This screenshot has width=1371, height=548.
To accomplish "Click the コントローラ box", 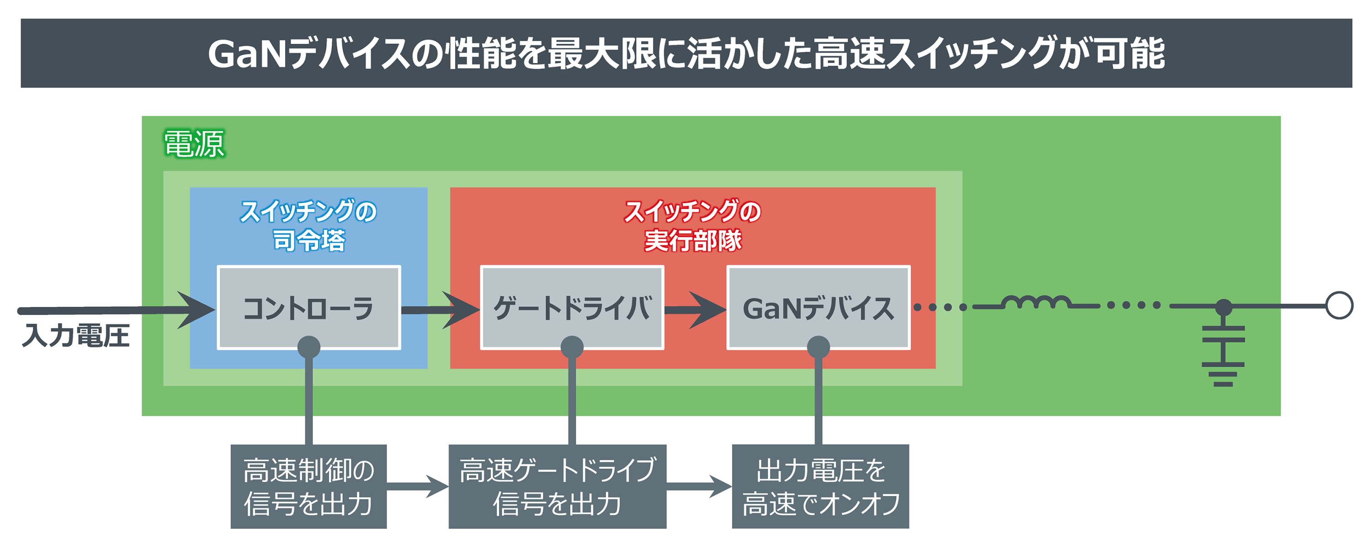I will tap(308, 307).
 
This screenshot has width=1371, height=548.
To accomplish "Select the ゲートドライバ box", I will tap(572, 307).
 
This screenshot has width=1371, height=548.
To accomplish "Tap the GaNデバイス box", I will tap(818, 307).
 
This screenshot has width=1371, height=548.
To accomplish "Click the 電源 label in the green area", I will tap(194, 144).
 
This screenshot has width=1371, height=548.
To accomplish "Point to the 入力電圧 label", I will tap(75, 336).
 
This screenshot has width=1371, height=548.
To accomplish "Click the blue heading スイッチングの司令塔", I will tap(308, 226).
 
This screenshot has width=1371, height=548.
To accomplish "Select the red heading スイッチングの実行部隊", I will tap(692, 226).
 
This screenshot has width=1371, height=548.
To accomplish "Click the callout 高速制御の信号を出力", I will tap(308, 486).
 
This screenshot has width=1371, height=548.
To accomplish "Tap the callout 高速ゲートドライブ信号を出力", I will tap(557, 486).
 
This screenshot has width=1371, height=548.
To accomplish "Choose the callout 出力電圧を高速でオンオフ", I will tap(820, 486).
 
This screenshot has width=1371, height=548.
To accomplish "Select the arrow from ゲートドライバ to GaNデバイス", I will tap(695, 310).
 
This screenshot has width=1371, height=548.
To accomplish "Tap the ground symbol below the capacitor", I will tap(1223, 374).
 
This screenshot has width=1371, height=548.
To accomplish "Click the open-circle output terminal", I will tap(1339, 306).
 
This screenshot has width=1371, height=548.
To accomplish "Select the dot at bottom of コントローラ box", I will tap(308, 347).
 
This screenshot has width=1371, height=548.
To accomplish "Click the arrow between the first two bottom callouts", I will tap(418, 486).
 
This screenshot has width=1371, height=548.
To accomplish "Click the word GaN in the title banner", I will tap(247, 54).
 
